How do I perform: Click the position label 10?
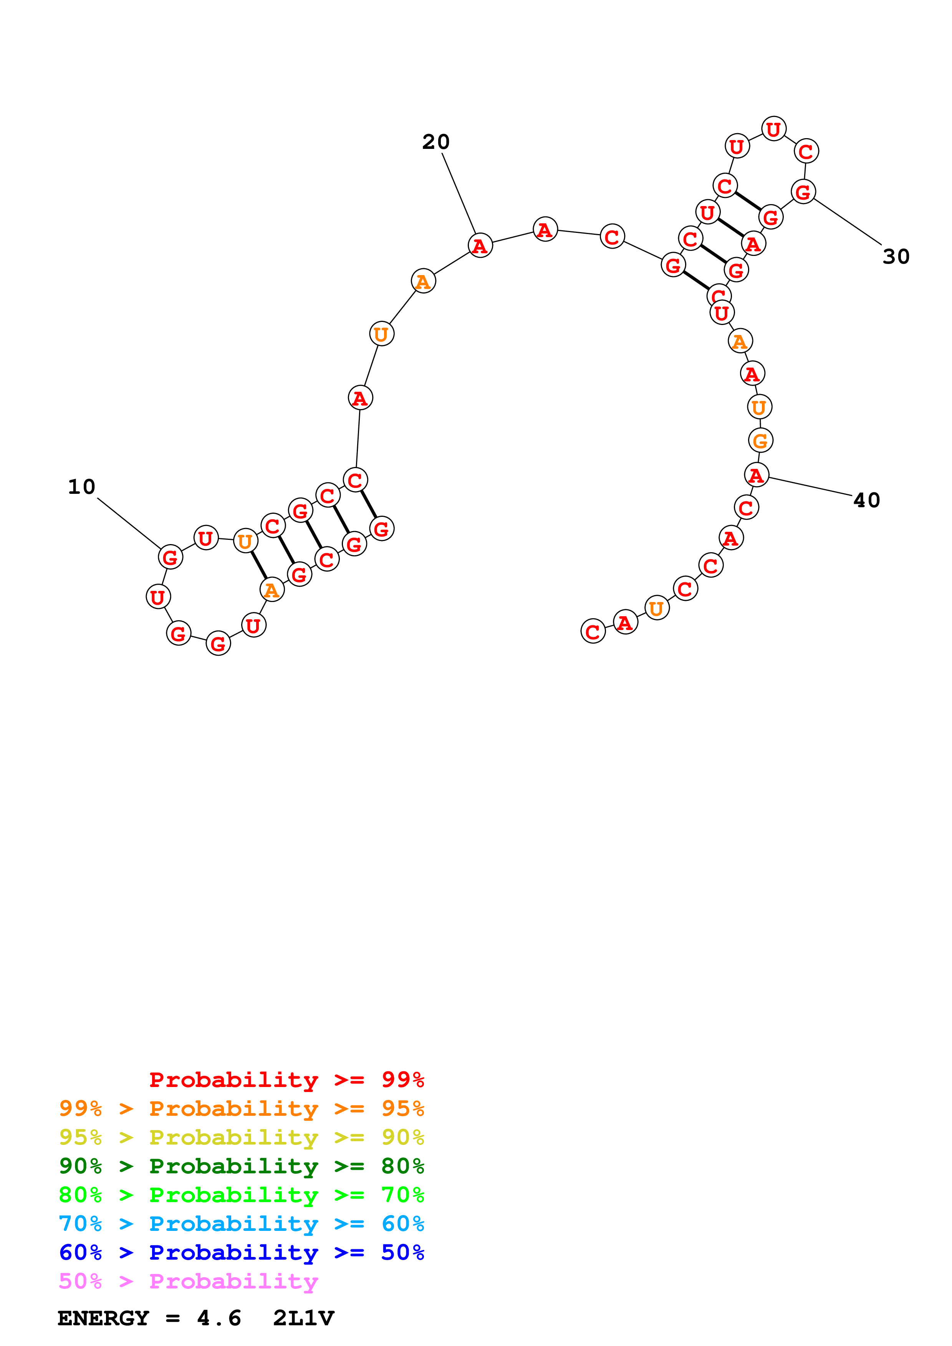pos(81,487)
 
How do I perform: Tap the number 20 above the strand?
pos(436,142)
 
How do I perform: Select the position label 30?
pos(896,257)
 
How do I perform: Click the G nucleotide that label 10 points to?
pos(170,557)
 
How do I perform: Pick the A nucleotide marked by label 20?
pos(480,246)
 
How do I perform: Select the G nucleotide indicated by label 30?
pos(803,192)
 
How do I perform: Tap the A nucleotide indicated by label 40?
pos(756,475)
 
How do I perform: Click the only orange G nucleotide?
pos(760,440)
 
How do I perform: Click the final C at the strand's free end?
pos(593,632)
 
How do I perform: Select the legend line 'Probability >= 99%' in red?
pos(286,1080)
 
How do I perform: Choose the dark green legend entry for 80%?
pos(241,1166)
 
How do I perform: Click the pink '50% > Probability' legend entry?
pos(188,1282)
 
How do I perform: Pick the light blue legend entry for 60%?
pos(241,1224)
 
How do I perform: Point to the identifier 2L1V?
pos(303,1318)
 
